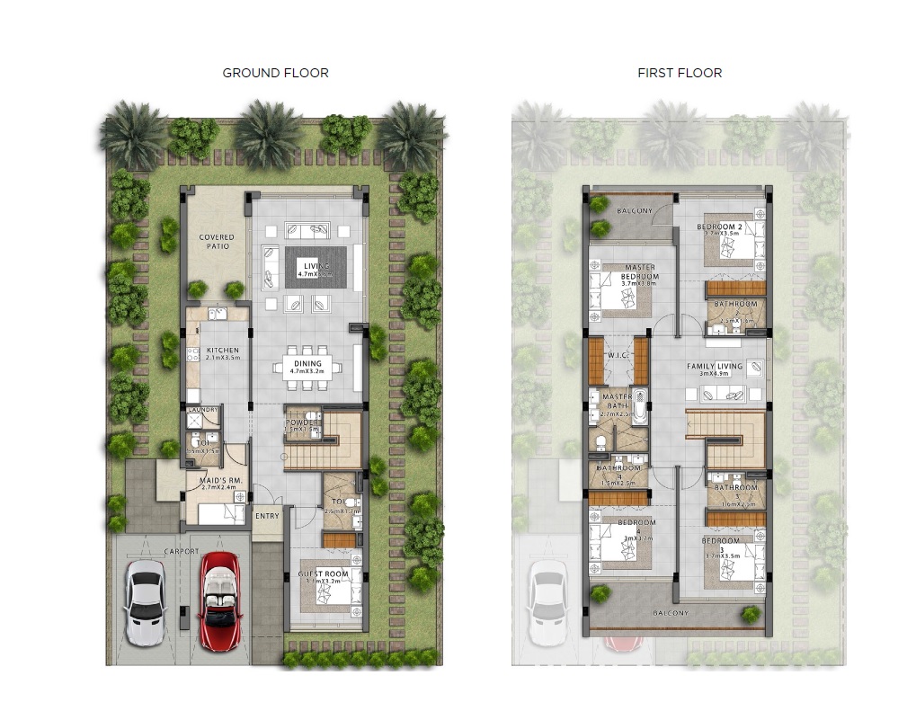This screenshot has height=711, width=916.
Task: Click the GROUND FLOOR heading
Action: coord(275,73)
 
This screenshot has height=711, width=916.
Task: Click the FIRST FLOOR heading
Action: coord(680,73)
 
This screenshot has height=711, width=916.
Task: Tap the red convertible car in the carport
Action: coord(218,600)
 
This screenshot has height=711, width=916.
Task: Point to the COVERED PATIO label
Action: coord(216,242)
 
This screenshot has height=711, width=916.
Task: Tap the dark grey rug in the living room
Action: coord(316,267)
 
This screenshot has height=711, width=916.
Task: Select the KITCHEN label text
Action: coord(222,351)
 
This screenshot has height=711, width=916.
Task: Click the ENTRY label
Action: coord(267,516)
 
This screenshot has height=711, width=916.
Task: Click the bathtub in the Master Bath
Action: coord(639,406)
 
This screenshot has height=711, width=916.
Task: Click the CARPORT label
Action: coord(181,552)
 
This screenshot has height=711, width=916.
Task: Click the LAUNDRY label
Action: coord(202,411)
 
